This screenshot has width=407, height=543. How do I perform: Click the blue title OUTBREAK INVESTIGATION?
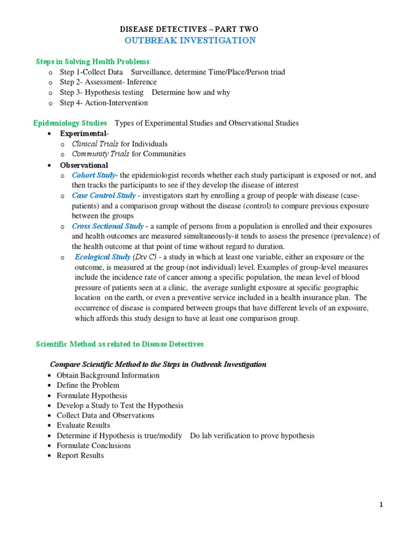[190, 40]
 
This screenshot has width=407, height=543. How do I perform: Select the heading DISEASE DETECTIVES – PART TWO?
[190, 29]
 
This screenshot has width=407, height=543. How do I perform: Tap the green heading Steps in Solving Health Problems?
[92, 62]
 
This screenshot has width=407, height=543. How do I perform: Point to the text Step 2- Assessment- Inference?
[108, 82]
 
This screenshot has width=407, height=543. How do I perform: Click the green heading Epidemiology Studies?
[70, 123]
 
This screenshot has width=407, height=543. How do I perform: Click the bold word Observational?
[84, 165]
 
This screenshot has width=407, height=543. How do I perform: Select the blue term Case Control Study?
[104, 196]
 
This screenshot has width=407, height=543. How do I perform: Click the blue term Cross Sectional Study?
[108, 226]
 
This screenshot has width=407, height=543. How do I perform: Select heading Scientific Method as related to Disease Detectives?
[119, 344]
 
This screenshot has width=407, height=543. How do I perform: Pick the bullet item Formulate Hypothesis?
[92, 396]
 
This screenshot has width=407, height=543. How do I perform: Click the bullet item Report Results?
[80, 456]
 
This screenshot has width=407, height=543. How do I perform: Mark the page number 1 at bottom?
[381, 505]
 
